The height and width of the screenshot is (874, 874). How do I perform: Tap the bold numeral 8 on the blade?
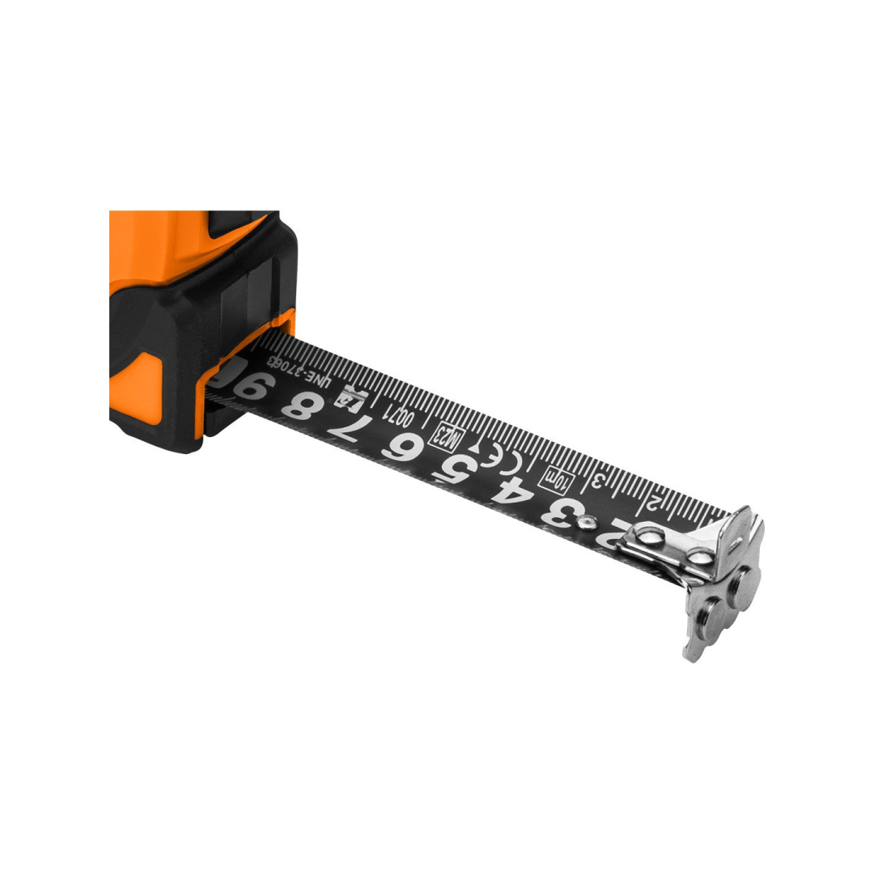300,405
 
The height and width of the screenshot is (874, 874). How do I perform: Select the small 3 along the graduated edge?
600,480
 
